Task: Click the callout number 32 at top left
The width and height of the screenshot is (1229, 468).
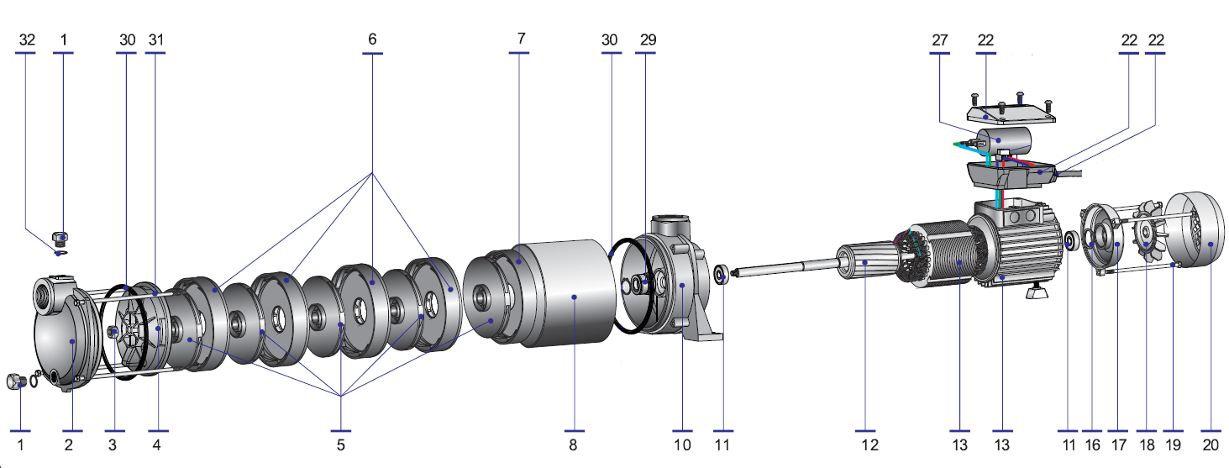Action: (x=26, y=39)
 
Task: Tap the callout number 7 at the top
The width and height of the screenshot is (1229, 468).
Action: (x=520, y=39)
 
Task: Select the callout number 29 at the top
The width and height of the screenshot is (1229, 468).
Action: (x=647, y=39)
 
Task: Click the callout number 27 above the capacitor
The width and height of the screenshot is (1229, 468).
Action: (x=938, y=39)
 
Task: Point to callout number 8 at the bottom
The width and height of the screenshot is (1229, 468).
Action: (x=573, y=444)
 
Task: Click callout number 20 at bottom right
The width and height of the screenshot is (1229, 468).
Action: (x=1211, y=444)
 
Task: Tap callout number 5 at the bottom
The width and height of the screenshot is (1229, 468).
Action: (x=341, y=444)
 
